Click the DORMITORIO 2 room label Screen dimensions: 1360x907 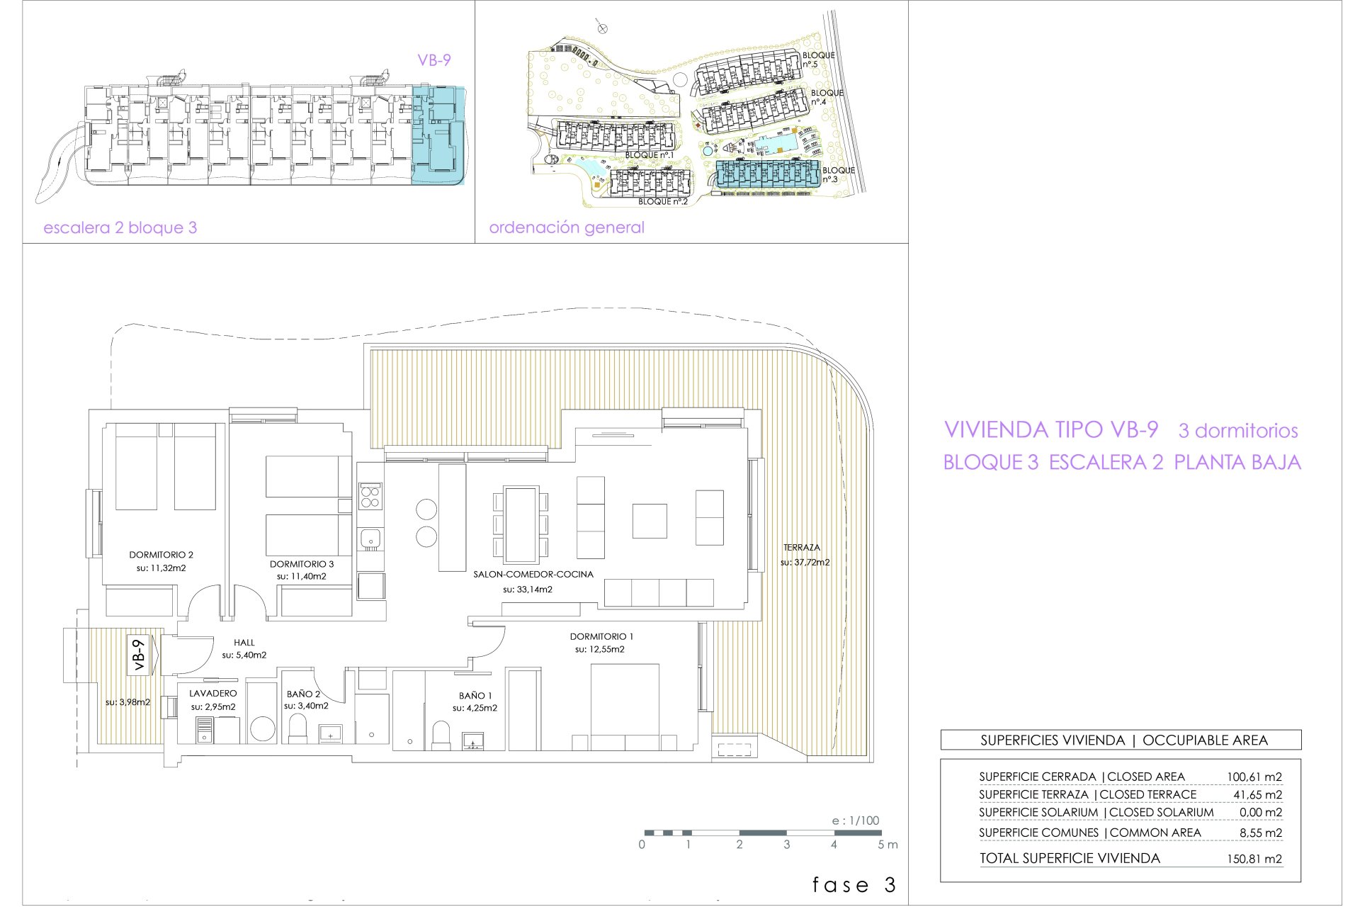pyautogui.click(x=161, y=555)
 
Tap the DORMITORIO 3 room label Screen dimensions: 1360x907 pyautogui.click(x=302, y=564)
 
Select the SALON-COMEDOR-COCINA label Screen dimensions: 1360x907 pyautogui.click(x=533, y=575)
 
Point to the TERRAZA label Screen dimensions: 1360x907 pyautogui.click(x=802, y=548)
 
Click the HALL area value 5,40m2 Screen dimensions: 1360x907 pyautogui.click(x=244, y=655)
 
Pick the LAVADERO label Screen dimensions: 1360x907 pyautogui.click(x=213, y=694)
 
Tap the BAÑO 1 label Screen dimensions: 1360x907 pyautogui.click(x=475, y=696)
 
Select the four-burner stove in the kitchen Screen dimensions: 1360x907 pyautogui.click(x=370, y=495)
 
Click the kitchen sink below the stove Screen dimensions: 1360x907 pyautogui.click(x=370, y=539)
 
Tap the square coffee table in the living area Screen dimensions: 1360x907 pyautogui.click(x=650, y=521)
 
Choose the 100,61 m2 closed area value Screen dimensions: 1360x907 pyautogui.click(x=1254, y=777)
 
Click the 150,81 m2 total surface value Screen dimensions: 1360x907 pyautogui.click(x=1254, y=859)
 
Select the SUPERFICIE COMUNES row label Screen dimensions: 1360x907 pyautogui.click(x=1039, y=833)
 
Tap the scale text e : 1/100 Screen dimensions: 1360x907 pyautogui.click(x=856, y=821)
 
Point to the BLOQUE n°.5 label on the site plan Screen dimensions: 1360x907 pyautogui.click(x=818, y=60)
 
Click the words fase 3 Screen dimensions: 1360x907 pyautogui.click(x=854, y=885)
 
